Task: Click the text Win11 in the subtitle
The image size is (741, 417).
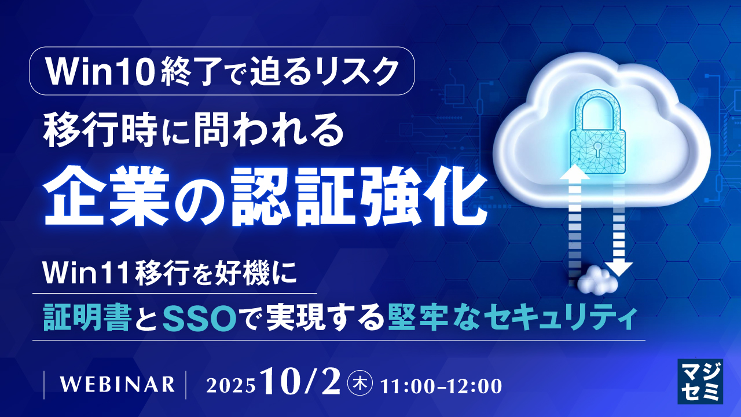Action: click(x=86, y=271)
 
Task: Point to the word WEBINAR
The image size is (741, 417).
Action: click(x=116, y=384)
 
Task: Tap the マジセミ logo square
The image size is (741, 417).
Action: click(x=699, y=380)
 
